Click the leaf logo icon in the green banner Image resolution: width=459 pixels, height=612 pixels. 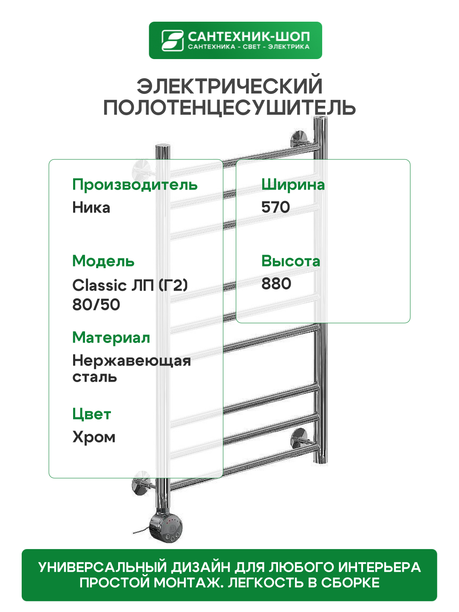[x=172, y=40]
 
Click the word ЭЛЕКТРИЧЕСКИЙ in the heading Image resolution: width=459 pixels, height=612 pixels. [x=229, y=86]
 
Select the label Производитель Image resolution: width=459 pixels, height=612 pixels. [x=135, y=185]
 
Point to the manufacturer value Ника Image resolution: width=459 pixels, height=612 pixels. [x=91, y=208]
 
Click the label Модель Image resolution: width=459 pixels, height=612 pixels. [x=103, y=261]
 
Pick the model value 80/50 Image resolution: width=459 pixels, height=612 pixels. [x=96, y=305]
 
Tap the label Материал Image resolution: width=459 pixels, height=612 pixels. [x=111, y=337]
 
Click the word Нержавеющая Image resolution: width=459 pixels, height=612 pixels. [x=131, y=361]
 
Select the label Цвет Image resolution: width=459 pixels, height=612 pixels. [x=91, y=414]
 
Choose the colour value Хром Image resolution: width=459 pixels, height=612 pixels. [x=94, y=437]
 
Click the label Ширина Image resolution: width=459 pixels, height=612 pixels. [x=293, y=185]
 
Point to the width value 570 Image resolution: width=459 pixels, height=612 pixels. [x=275, y=207]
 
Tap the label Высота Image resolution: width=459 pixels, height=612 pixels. [x=291, y=261]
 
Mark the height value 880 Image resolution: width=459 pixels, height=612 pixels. [x=276, y=284]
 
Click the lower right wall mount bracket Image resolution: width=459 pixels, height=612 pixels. [x=299, y=438]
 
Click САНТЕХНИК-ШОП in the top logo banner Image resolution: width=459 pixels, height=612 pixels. [x=249, y=37]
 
